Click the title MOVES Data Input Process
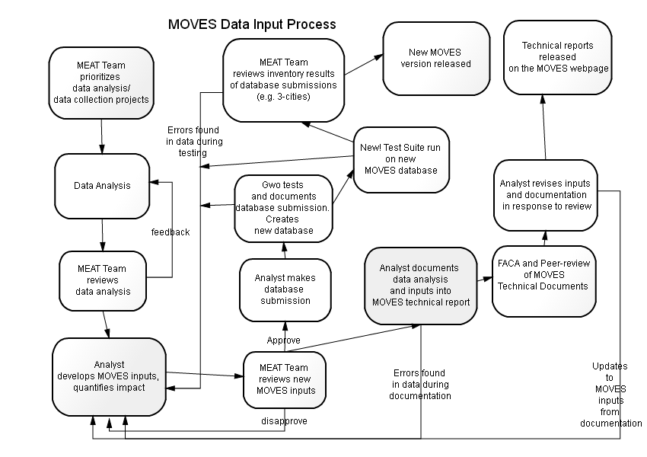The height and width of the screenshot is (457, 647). pyautogui.click(x=252, y=24)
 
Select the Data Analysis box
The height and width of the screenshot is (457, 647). pyautogui.click(x=102, y=186)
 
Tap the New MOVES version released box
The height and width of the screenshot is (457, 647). pyautogui.click(x=436, y=58)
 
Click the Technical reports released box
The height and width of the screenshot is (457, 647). pyautogui.click(x=557, y=57)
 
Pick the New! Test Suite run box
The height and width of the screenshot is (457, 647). pyautogui.click(x=401, y=159)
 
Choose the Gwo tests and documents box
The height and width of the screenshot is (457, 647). pyautogui.click(x=283, y=209)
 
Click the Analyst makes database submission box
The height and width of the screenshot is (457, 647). pyautogui.click(x=285, y=289)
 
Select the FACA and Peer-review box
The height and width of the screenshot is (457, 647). pyautogui.click(x=543, y=281)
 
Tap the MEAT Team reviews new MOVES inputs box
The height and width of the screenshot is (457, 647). pyautogui.click(x=285, y=380)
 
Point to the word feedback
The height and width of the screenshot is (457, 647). pyautogui.click(x=171, y=232)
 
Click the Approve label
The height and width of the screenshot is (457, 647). pyautogui.click(x=283, y=340)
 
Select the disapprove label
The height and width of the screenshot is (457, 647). pyautogui.click(x=285, y=421)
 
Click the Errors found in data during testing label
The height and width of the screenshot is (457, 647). pyautogui.click(x=194, y=141)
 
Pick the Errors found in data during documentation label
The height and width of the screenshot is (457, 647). pyautogui.click(x=420, y=385)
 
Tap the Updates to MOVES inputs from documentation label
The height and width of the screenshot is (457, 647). pyautogui.click(x=610, y=395)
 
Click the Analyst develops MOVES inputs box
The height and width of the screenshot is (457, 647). pyautogui.click(x=109, y=377)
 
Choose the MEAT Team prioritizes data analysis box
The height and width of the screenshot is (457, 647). pyautogui.click(x=101, y=83)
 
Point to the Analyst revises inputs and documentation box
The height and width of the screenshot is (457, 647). pyautogui.click(x=546, y=195)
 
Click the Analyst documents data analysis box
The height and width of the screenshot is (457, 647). pyautogui.click(x=420, y=286)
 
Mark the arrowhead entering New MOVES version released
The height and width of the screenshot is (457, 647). pyautogui.click(x=379, y=57)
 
